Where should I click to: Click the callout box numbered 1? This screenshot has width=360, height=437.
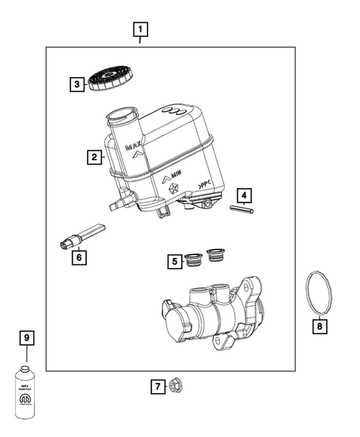(x=140, y=30)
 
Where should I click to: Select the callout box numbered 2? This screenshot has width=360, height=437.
(x=94, y=157)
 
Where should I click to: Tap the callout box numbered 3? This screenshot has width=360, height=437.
(x=77, y=85)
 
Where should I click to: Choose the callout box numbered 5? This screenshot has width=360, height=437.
(x=174, y=260)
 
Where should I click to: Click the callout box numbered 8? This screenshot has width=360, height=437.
(x=320, y=324)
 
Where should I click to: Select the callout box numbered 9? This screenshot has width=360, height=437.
(x=27, y=339)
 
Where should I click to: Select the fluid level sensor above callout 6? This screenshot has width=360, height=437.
(x=82, y=235)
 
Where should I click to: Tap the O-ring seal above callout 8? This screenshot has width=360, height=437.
(x=320, y=293)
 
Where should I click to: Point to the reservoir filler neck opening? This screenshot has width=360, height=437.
(x=121, y=115)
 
